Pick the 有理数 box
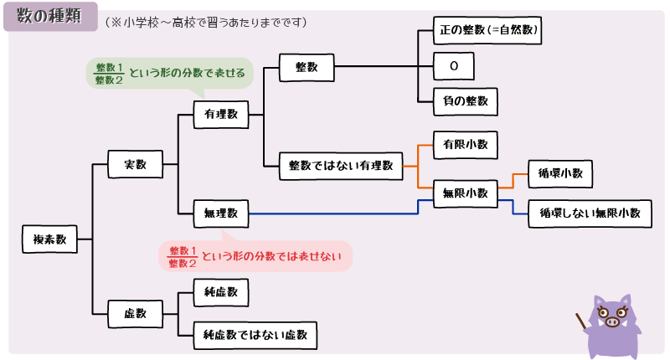220,114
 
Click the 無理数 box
220,213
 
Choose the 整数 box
307,67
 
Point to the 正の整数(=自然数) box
487,30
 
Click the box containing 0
454,65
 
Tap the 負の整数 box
465,101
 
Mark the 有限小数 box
465,144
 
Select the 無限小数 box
465,193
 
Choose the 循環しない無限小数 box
590,213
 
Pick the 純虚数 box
220,292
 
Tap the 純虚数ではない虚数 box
255,335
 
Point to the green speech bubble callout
170,74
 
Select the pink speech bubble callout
255,256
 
